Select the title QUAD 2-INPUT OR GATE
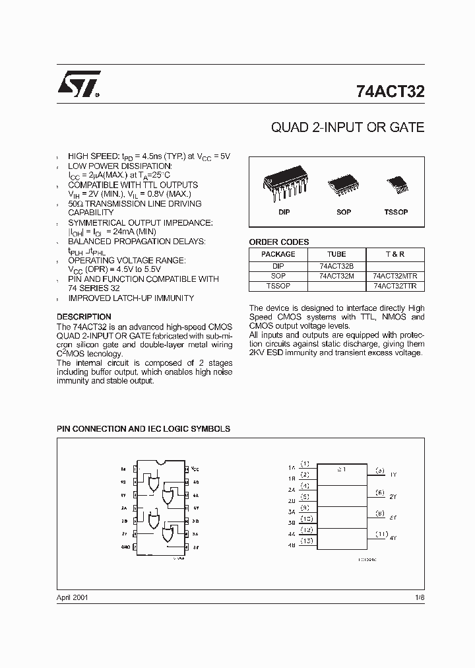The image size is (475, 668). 348,127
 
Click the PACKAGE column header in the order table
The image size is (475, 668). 278,254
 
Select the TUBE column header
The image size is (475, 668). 336,254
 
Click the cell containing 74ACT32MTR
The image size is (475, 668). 395,276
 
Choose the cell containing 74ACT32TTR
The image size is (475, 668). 395,286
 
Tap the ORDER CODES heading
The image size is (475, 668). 279,242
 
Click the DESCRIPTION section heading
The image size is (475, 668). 84,317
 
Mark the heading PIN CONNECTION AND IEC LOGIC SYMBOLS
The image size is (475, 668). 143,429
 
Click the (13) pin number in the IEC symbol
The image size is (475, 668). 306,541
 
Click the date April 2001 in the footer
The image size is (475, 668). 73,597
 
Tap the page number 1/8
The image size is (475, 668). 419,597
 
